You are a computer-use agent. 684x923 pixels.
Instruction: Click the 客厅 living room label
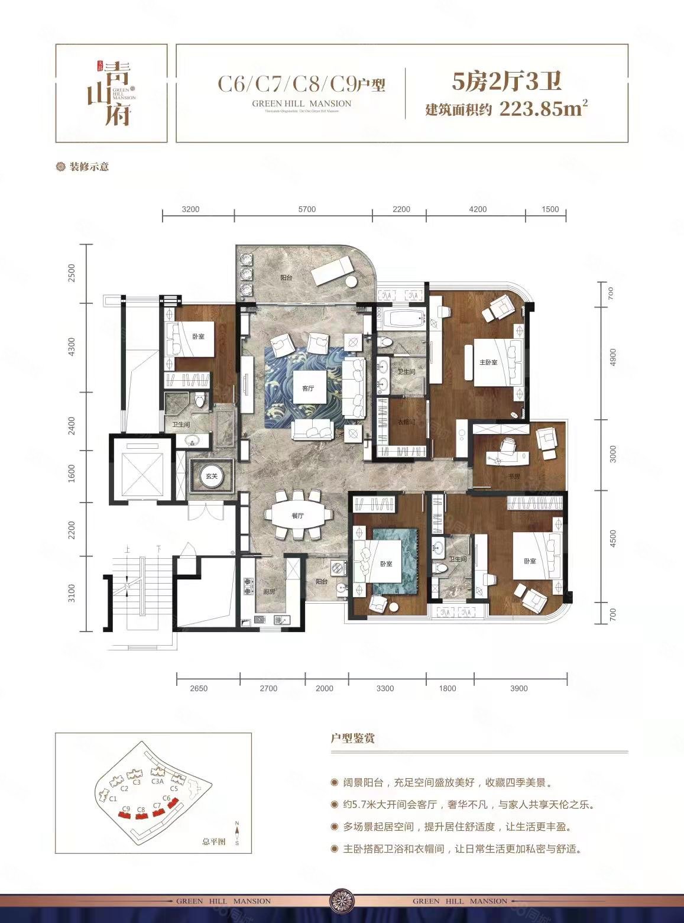click(307, 388)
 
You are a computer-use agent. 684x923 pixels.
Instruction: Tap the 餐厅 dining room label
click(297, 516)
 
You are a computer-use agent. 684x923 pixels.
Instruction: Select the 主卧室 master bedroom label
click(488, 362)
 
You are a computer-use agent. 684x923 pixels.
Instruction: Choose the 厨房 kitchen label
click(268, 592)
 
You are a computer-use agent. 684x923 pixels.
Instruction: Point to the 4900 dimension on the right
click(612, 357)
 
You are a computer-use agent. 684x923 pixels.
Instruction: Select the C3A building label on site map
click(157, 780)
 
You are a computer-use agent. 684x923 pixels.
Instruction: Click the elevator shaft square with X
click(141, 468)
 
